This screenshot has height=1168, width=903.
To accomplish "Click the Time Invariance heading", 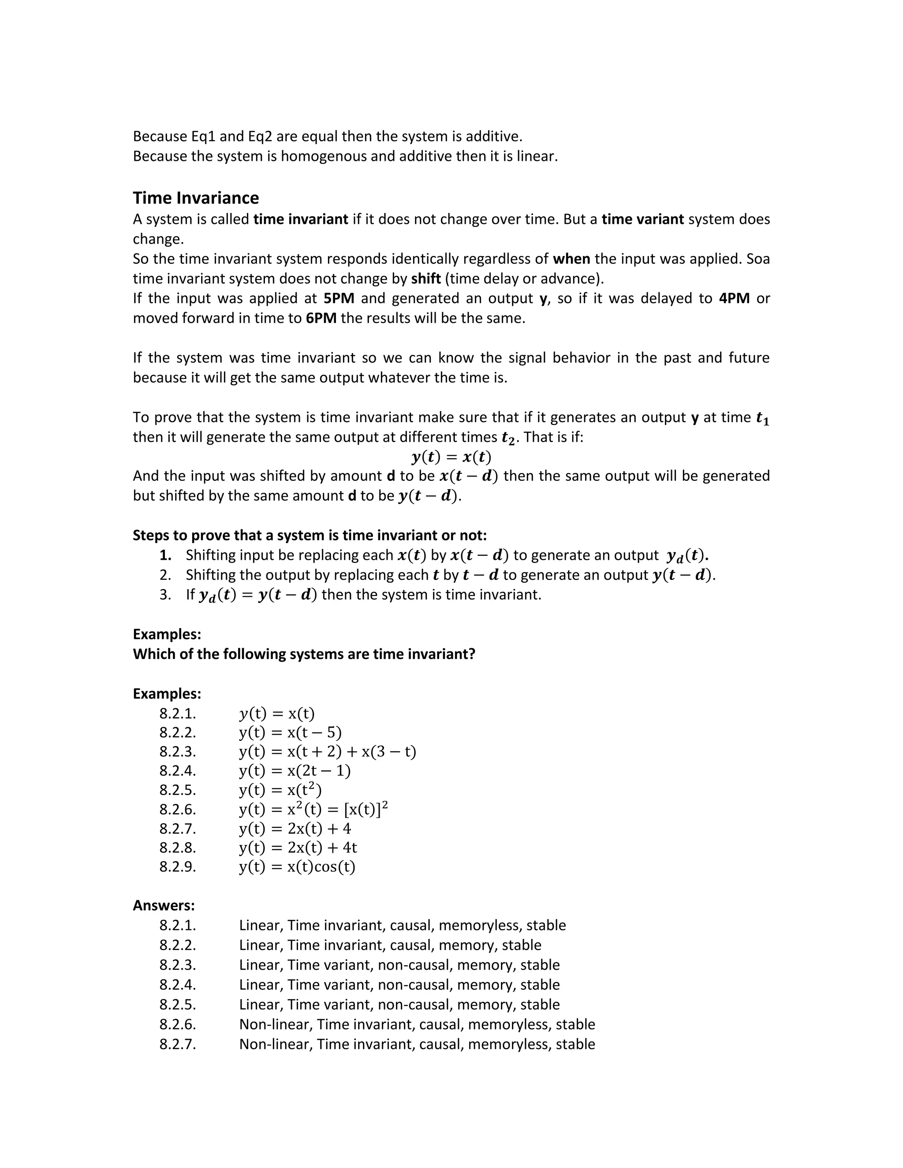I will pos(195,198).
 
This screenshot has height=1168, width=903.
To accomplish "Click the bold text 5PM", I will pos(339,298).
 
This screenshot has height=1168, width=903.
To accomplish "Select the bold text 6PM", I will pos(321,318).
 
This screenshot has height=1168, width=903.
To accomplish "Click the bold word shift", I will pos(426,279).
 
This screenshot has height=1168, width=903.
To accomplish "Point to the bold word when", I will pos(571,259).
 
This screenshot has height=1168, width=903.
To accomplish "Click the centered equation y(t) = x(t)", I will pos(451,457).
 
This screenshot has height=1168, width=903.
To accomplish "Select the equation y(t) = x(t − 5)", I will pos(290,733).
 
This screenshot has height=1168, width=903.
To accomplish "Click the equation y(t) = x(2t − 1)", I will pos(295,770).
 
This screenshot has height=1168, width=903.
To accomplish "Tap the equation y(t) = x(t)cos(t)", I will pos(297,867).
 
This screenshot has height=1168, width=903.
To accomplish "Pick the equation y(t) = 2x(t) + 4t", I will pos(298,847).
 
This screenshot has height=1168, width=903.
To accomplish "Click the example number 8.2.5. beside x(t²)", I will pos(178,790).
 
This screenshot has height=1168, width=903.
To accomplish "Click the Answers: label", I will pos(164,905).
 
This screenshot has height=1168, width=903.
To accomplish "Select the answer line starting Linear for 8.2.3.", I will pos(399,965).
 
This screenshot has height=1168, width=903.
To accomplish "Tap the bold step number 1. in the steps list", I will pos(165,555).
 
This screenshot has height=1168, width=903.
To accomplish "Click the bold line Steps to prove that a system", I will pos(310,536).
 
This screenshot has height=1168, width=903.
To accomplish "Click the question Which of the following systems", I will pos(304,654).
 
